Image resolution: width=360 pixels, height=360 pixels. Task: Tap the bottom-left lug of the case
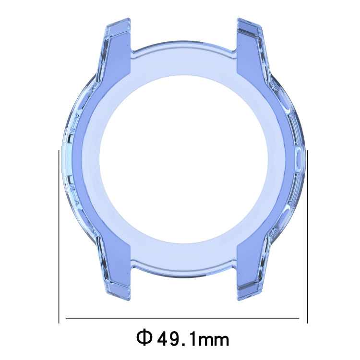coord(116,274)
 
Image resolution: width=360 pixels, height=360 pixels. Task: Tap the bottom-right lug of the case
coord(250,274)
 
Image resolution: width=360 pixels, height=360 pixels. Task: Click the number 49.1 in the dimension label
coord(175,339)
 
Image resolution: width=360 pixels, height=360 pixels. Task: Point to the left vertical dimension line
coord(59,235)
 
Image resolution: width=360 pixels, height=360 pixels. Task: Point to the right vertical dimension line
coord(307,235)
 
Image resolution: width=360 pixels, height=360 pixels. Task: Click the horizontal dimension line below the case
coord(182,318)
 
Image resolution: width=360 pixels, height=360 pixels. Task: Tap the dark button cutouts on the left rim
coord(70,158)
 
